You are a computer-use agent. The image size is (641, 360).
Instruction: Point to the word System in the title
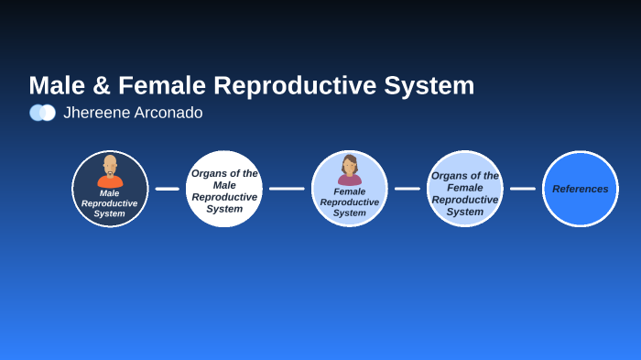(429, 86)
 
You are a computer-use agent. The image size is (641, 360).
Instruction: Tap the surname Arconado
(168, 113)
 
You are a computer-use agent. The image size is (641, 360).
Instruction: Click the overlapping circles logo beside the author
(42, 113)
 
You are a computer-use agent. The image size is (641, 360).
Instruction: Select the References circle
(580, 189)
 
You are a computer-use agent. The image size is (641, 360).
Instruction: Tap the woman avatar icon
(349, 169)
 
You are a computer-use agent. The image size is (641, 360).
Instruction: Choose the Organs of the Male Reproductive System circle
(224, 190)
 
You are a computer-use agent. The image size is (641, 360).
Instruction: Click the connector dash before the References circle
(522, 189)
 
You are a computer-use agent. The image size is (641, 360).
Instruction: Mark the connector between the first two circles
(167, 189)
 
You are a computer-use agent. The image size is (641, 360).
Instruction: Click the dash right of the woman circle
(407, 189)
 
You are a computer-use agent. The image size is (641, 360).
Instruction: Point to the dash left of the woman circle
(287, 189)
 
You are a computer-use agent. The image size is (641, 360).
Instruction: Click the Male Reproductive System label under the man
(110, 203)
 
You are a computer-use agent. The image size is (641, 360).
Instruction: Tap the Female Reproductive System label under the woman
(349, 202)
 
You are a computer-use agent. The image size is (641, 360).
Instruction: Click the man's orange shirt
(110, 181)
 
